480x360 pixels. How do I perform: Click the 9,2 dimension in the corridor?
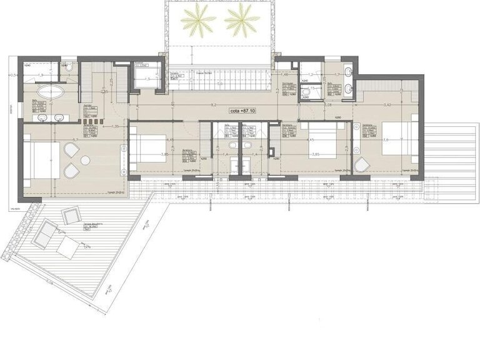coord(214,105)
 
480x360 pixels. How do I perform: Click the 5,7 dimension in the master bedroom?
coord(74,140)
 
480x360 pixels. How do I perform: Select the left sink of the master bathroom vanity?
coord(42,117)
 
